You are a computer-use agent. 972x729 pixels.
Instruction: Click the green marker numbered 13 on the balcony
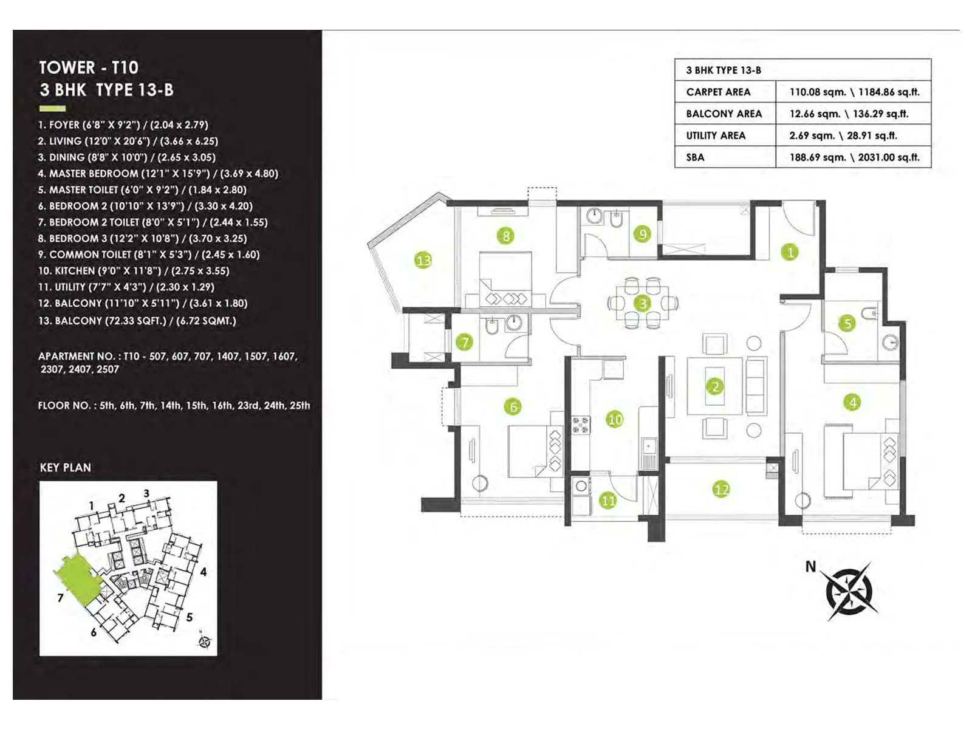423,261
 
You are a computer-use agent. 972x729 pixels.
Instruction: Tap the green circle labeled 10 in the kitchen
615,419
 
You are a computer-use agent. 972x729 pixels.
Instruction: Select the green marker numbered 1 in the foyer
790,252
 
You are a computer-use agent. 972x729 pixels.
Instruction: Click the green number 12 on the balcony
721,490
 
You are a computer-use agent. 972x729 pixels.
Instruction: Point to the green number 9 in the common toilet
642,233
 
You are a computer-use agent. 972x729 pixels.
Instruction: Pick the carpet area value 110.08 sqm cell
854,92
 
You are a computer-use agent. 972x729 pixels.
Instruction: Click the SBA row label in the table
696,157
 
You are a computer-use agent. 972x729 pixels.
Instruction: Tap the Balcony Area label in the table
724,114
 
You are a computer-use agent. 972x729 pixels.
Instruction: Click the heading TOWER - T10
89,67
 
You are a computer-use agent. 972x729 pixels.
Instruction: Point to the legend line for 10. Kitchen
134,271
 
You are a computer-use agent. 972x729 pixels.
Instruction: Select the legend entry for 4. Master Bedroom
158,174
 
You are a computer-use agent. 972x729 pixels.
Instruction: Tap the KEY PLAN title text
66,468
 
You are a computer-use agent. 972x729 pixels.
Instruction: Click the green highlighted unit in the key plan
75,578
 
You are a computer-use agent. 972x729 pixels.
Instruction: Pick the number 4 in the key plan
204,572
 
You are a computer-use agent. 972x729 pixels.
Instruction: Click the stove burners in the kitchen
581,425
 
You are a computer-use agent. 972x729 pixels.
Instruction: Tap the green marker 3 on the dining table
643,303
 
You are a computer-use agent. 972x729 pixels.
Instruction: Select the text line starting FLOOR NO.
174,405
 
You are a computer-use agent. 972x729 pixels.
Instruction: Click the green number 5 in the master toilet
848,323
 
